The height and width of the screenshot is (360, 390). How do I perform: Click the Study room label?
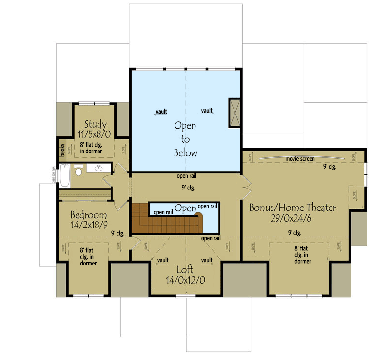coord(96,124)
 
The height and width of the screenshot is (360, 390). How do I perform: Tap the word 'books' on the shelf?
coord(62,150)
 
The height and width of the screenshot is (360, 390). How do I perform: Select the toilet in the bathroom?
coord(78,171)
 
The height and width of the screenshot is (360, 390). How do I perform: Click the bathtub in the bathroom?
coord(64,177)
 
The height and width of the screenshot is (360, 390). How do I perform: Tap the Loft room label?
coord(185,269)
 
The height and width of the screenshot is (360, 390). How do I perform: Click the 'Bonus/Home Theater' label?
coord(292,208)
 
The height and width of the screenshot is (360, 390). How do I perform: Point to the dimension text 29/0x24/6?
coord(292,218)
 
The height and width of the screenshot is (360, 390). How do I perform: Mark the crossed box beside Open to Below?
coord(234,113)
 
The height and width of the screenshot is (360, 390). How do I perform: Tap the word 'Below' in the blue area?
coord(185,153)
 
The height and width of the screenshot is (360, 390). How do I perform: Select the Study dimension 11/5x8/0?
coord(96,133)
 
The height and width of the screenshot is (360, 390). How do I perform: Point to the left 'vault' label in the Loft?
coord(162,260)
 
